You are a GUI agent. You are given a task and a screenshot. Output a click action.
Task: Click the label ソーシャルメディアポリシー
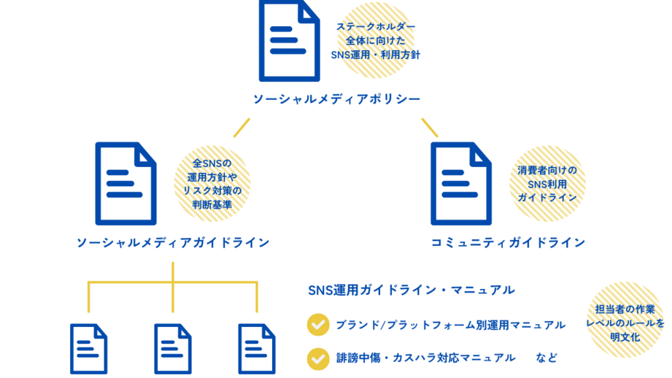tap(336, 99)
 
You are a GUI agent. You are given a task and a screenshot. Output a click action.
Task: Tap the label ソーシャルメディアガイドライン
tap(173, 242)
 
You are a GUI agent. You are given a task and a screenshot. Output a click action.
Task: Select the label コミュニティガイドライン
tap(508, 242)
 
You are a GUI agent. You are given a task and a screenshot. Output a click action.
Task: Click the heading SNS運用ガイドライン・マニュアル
tap(412, 290)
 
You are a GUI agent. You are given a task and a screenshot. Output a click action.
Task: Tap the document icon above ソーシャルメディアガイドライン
tap(125, 182)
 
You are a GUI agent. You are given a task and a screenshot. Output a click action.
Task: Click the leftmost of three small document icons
tap(88, 349)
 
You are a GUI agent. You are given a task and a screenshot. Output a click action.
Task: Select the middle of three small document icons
tap(173, 349)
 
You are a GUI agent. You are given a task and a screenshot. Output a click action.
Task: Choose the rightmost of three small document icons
tap(257, 349)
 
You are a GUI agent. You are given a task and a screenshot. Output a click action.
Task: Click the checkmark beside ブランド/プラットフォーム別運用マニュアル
tap(318, 324)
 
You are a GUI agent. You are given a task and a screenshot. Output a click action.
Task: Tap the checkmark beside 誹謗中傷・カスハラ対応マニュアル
tap(318, 358)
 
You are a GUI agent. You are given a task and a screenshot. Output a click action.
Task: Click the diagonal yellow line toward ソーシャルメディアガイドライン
tap(242, 127)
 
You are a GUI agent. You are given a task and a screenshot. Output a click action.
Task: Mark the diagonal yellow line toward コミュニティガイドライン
tap(429, 127)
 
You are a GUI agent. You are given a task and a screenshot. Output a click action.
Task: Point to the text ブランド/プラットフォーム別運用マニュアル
tap(450, 324)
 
